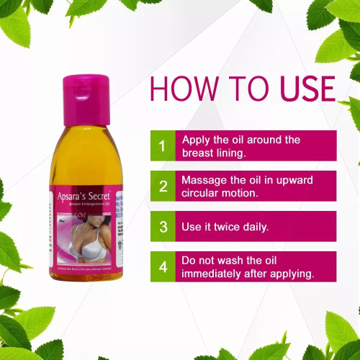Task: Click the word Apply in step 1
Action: [x=197, y=140]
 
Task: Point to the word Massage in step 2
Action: [x=206, y=179]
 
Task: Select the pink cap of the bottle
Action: [x=87, y=90]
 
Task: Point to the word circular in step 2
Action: [x=203, y=193]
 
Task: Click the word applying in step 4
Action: [x=293, y=274]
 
